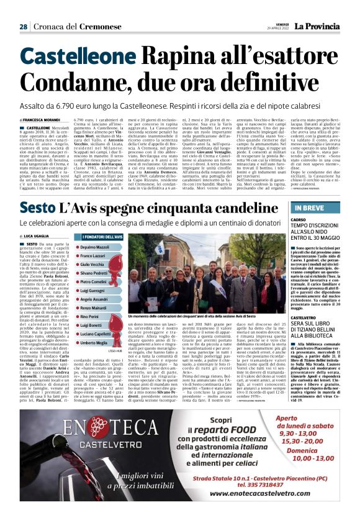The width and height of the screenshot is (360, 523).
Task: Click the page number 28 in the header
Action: tap(23, 26)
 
